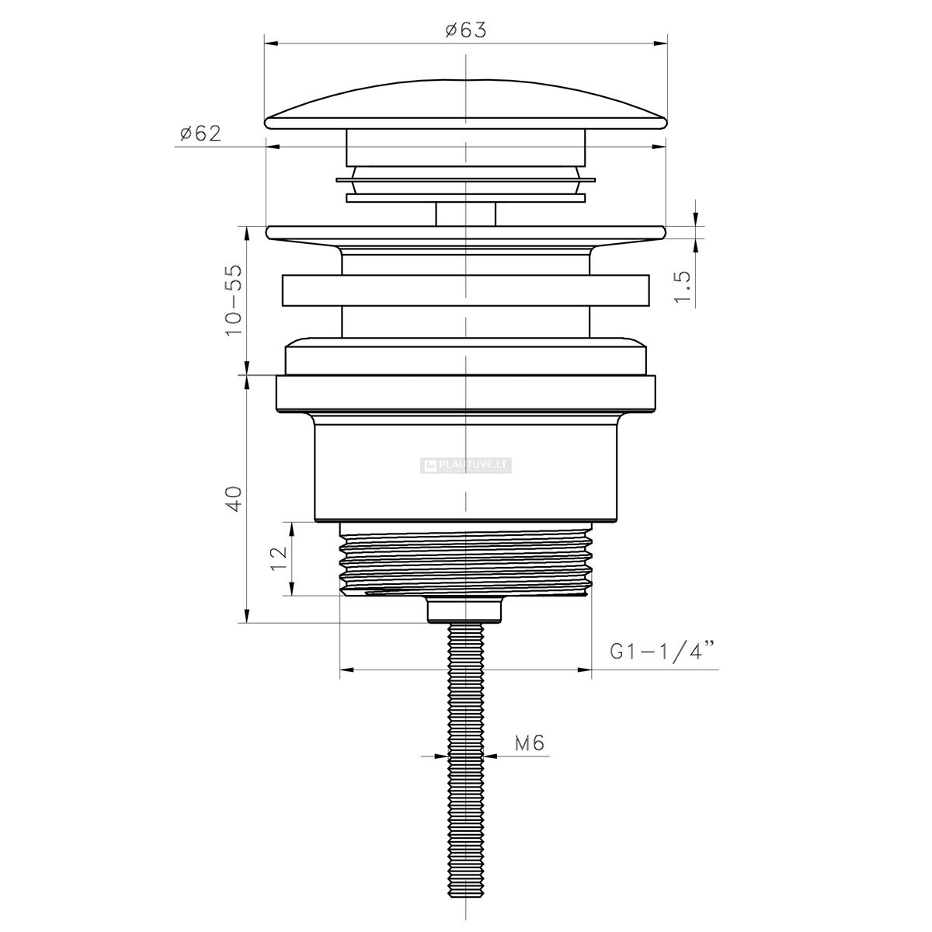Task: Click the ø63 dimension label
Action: [465, 30]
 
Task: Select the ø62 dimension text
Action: [200, 134]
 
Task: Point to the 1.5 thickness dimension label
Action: [683, 287]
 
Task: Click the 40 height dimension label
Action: [234, 499]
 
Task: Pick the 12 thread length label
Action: [279, 558]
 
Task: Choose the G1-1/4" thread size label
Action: [662, 652]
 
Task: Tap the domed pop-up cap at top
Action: [466, 105]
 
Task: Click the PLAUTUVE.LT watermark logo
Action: [466, 465]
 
